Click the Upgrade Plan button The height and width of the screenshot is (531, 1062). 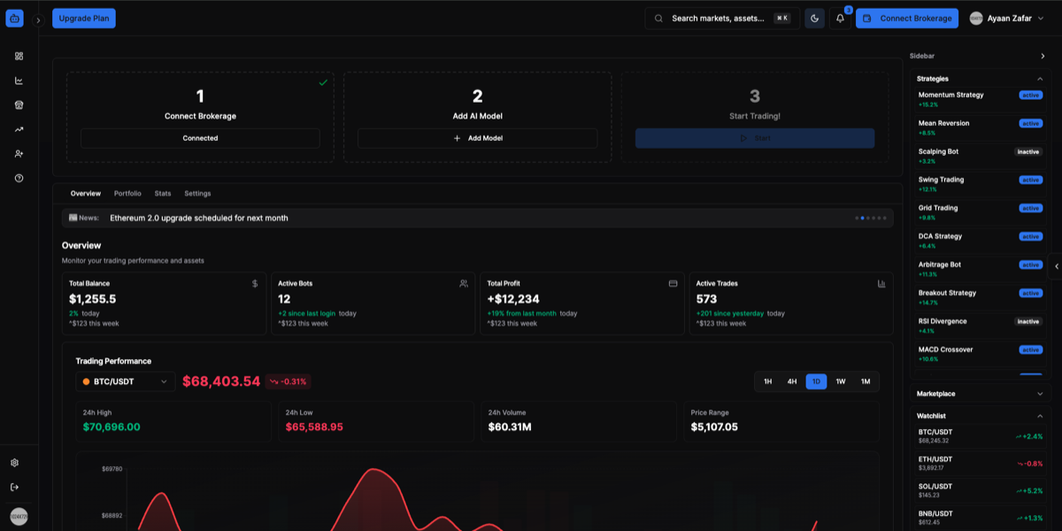83,19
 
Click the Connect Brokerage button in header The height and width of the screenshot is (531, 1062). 907,19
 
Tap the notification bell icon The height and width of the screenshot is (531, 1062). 840,19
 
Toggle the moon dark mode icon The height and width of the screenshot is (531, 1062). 814,19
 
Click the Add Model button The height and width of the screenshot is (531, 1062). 477,138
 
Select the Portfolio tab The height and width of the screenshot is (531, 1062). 127,193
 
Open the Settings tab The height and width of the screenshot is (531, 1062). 197,193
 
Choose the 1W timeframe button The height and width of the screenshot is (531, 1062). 841,381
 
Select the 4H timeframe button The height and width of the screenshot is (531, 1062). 792,381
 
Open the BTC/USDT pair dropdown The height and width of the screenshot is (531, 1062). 125,381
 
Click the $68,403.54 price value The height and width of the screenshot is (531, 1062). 221,381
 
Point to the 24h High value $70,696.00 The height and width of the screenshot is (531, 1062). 112,427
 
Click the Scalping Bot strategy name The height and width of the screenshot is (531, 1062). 938,151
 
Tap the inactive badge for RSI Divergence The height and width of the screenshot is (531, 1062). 1028,321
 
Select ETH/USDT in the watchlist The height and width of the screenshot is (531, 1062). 935,459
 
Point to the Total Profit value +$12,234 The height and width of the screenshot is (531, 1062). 513,299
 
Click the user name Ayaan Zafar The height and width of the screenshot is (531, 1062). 1009,19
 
